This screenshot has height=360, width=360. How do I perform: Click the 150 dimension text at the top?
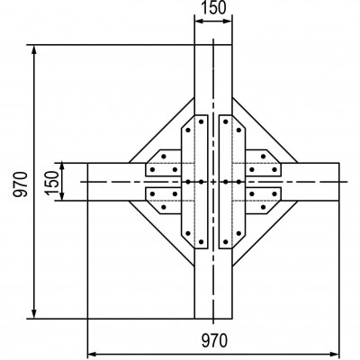pos(213,8)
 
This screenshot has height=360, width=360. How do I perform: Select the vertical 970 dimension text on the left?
pos(21,184)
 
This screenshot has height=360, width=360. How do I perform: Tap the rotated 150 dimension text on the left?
pos(52,183)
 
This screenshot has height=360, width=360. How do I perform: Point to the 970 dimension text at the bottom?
pos(214,341)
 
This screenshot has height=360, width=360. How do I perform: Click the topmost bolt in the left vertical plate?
pos(201,121)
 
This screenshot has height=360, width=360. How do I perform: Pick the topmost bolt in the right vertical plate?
pos(226,121)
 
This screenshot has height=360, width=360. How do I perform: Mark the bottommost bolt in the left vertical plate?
pos(201,241)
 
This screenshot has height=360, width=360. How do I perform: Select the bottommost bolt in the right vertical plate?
pos(226,241)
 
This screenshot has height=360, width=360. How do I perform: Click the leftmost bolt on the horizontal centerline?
pos(188,182)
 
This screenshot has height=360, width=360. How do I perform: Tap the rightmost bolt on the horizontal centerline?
pos(238,182)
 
